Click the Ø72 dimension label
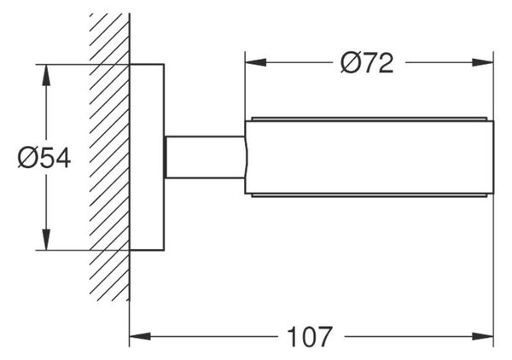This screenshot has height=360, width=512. pos(367,63)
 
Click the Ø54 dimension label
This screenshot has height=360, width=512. pos(44,159)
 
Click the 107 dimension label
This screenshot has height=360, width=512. pos(310,337)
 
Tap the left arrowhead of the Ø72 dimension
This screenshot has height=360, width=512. pos(255,62)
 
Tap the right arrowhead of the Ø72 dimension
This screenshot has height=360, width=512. pos(483,62)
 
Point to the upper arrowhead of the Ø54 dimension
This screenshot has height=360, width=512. pos(46,75)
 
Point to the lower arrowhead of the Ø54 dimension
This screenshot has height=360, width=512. pos(46,240)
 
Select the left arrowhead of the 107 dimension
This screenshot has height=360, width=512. pos(140,336)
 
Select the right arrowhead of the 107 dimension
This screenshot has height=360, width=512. pos(483,336)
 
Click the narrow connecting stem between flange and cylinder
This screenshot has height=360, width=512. pos(205,157)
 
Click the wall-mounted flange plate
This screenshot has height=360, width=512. pos(147,157)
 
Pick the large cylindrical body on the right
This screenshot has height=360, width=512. pos(369,157)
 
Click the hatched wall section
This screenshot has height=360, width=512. pos(110,157)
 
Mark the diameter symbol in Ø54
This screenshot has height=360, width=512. pos(26,159)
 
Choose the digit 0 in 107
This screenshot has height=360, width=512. pos(310,337)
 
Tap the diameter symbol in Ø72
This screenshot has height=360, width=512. pos(350,63)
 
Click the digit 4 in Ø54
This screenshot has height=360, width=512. pos(62,159)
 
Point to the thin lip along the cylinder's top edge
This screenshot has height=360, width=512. pos(369,119)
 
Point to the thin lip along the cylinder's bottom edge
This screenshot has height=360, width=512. pos(369,195)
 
